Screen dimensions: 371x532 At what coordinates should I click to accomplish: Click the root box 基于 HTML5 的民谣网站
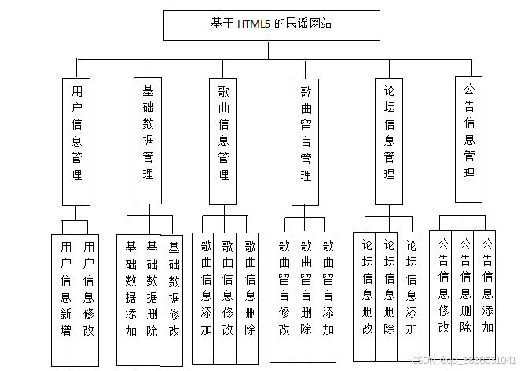pyautogui.click(x=271, y=24)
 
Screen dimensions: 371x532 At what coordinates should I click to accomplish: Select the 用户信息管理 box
pyautogui.click(x=76, y=141)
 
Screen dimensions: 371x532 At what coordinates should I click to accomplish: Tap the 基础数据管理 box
pyautogui.click(x=148, y=140)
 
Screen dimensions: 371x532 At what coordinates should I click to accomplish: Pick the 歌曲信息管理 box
pyautogui.click(x=223, y=140)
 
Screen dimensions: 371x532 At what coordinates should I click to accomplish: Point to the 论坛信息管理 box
pyautogui.click(x=389, y=140)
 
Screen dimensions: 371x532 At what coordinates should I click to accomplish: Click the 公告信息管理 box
pyautogui.click(x=469, y=139)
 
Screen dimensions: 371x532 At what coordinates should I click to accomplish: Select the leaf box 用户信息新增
pyautogui.click(x=65, y=299)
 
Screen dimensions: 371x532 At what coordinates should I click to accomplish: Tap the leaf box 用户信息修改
pyautogui.click(x=89, y=299)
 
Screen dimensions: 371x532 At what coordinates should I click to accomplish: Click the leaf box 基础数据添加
pyautogui.click(x=130, y=299)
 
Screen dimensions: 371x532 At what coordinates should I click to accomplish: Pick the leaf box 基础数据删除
pyautogui.click(x=152, y=299)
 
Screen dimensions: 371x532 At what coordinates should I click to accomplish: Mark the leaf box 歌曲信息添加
pyautogui.click(x=206, y=297)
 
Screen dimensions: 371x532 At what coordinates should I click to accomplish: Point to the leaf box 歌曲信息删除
pyautogui.click(x=250, y=297)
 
